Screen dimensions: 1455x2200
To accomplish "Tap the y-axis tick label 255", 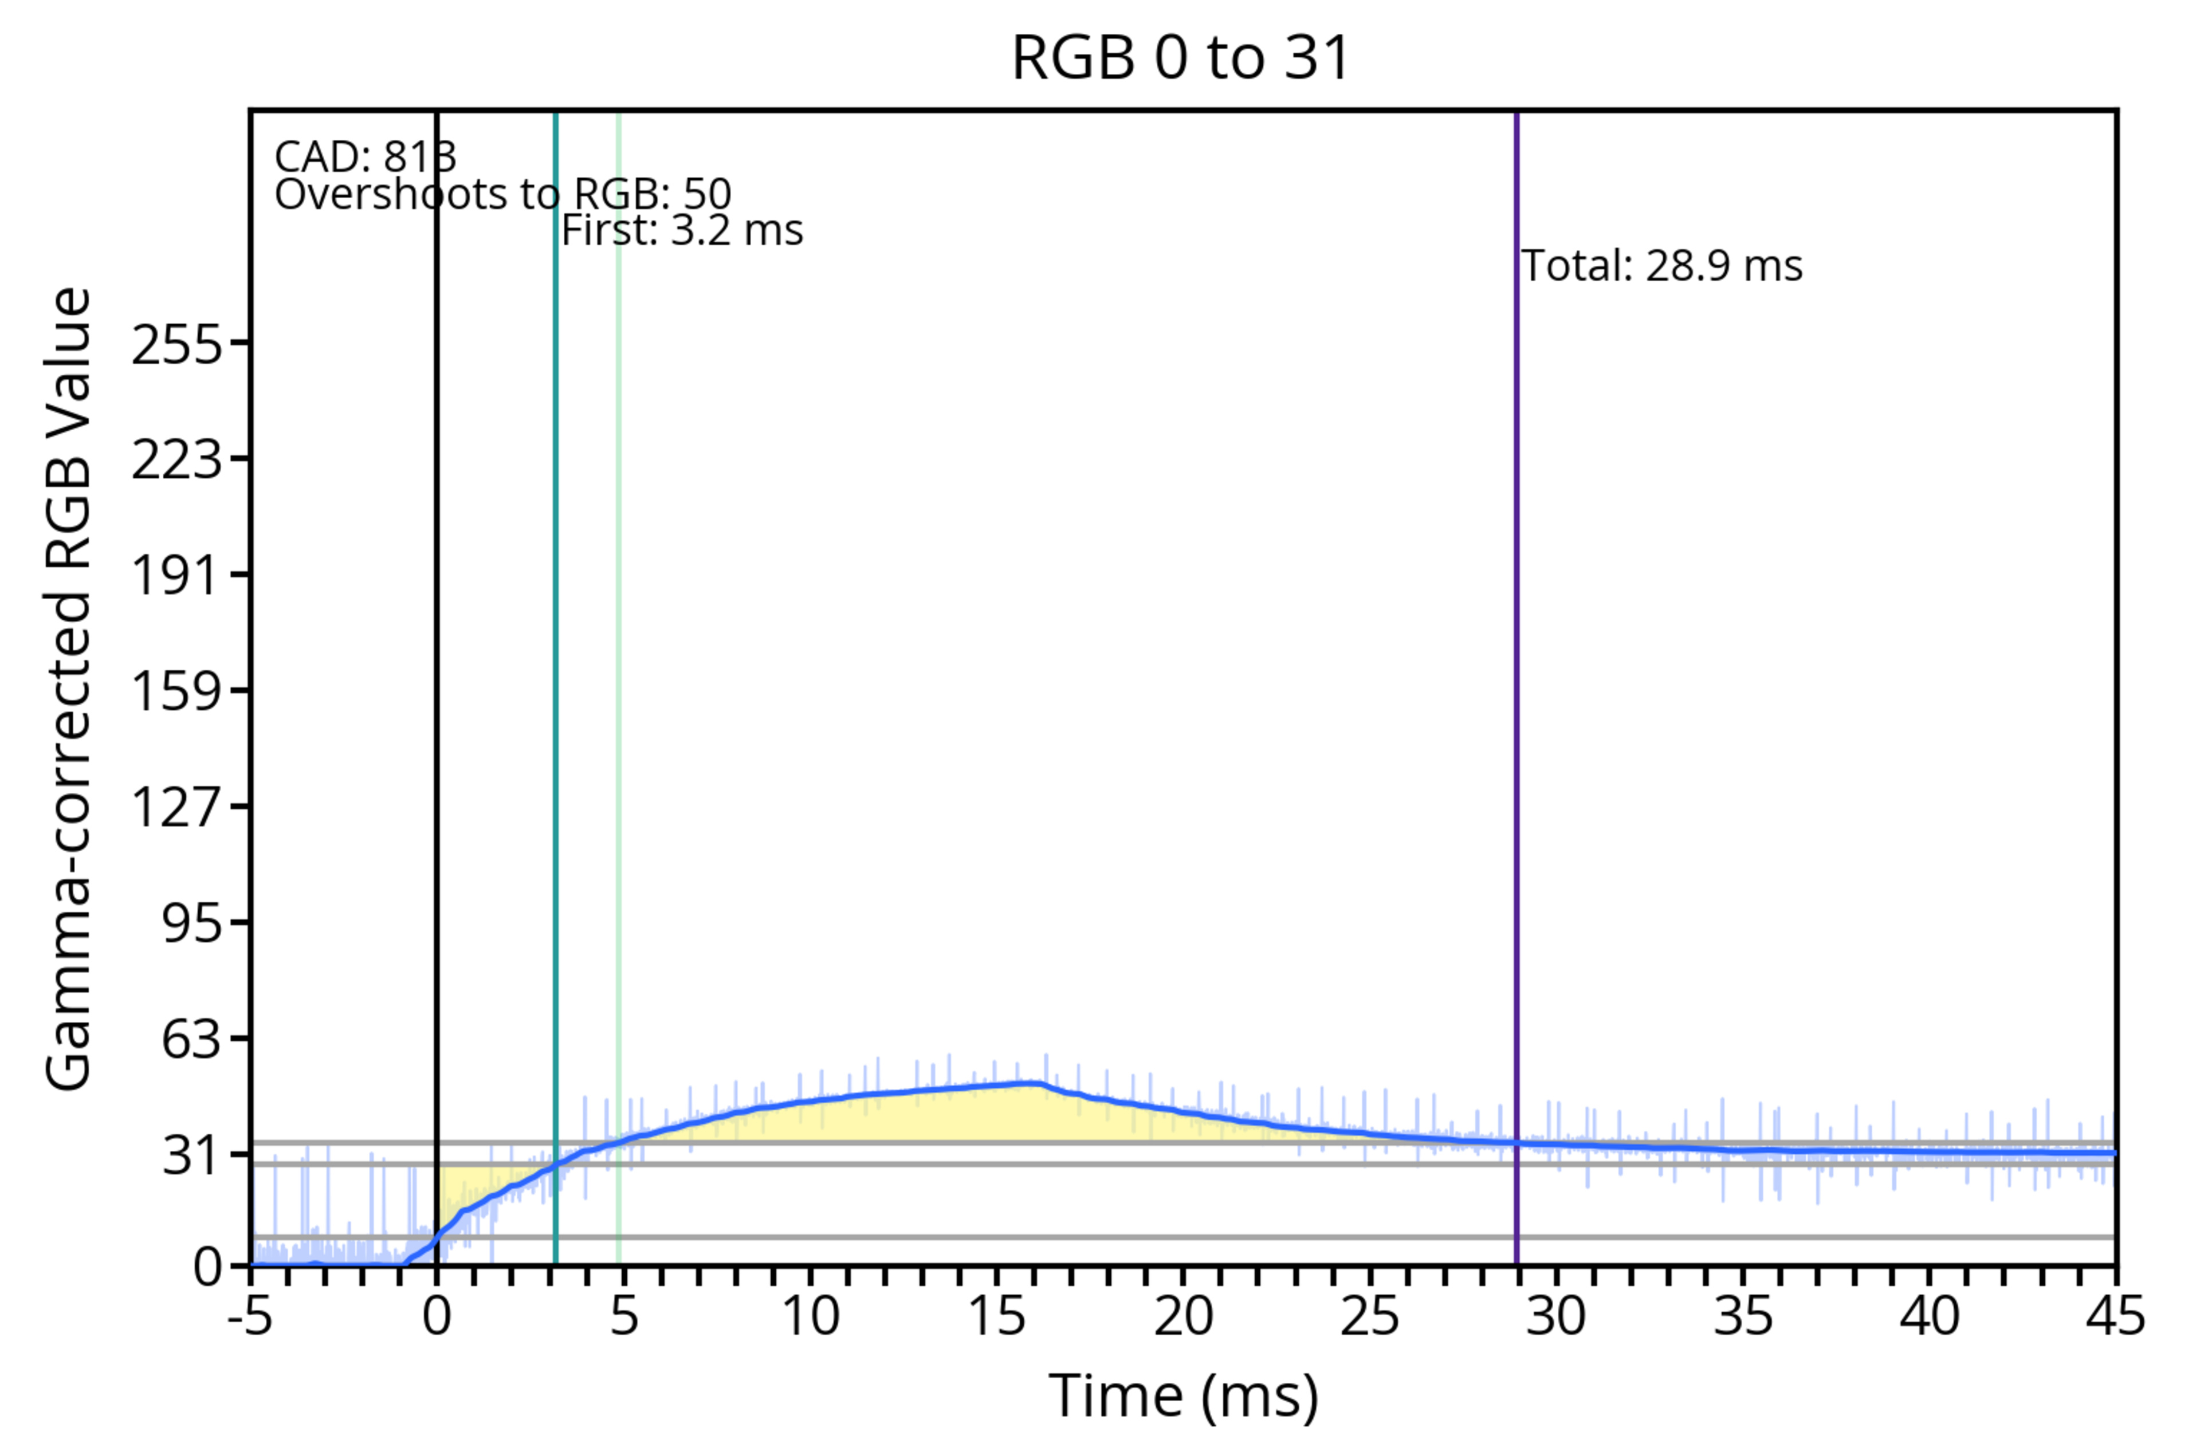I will (177, 346).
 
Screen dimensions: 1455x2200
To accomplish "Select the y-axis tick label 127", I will (177, 807).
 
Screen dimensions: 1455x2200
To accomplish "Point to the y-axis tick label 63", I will (192, 1039).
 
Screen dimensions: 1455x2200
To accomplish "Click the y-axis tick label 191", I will (177, 575).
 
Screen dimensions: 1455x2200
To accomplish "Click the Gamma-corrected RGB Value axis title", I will (69, 689).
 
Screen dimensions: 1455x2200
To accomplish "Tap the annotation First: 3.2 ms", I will (682, 230).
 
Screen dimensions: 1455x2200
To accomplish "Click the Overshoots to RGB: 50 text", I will (503, 195).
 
